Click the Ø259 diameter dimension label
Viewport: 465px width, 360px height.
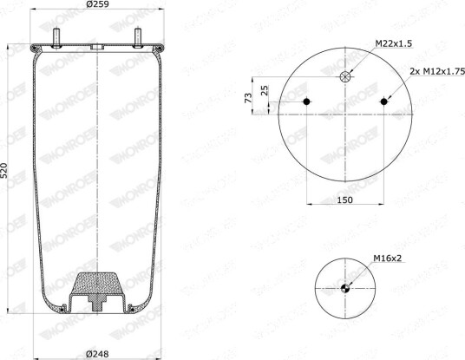click(97, 4)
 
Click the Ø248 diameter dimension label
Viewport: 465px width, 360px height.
click(97, 354)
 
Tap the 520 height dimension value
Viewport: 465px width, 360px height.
click(4, 171)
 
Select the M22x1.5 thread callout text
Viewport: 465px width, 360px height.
click(394, 43)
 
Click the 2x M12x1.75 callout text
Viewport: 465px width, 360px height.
click(437, 71)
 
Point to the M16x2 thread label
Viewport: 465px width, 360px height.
click(387, 259)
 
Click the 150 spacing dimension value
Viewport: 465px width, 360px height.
click(345, 200)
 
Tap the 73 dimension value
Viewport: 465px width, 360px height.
click(248, 98)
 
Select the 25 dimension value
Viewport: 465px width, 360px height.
click(265, 90)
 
